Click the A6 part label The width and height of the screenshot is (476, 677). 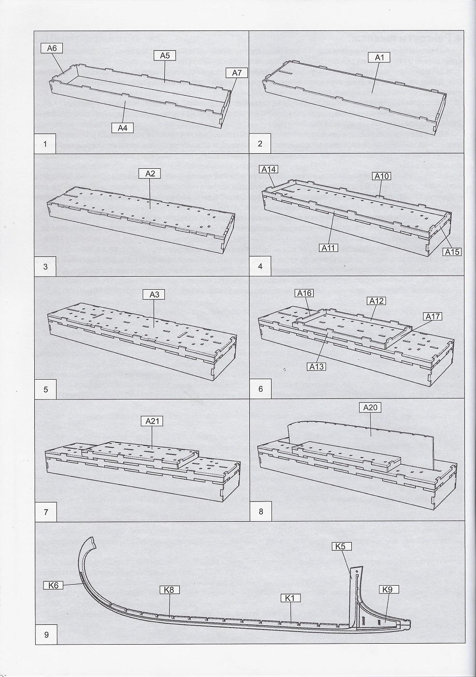tap(52, 48)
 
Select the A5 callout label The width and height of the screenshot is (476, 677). tap(164, 56)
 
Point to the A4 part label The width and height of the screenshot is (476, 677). tap(122, 128)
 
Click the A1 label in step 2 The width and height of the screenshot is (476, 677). tap(379, 58)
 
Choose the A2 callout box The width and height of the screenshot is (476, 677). tap(150, 173)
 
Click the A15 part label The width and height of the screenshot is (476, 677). tap(452, 251)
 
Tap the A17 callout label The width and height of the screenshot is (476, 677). tap(433, 317)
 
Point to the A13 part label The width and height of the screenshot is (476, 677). tap(316, 367)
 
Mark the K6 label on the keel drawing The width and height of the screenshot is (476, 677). tap(53, 585)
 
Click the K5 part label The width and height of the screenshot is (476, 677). tap(342, 546)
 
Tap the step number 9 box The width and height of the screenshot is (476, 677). tap(46, 634)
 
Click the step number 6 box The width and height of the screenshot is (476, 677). tap(261, 388)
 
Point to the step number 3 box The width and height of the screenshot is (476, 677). tap(45, 266)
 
